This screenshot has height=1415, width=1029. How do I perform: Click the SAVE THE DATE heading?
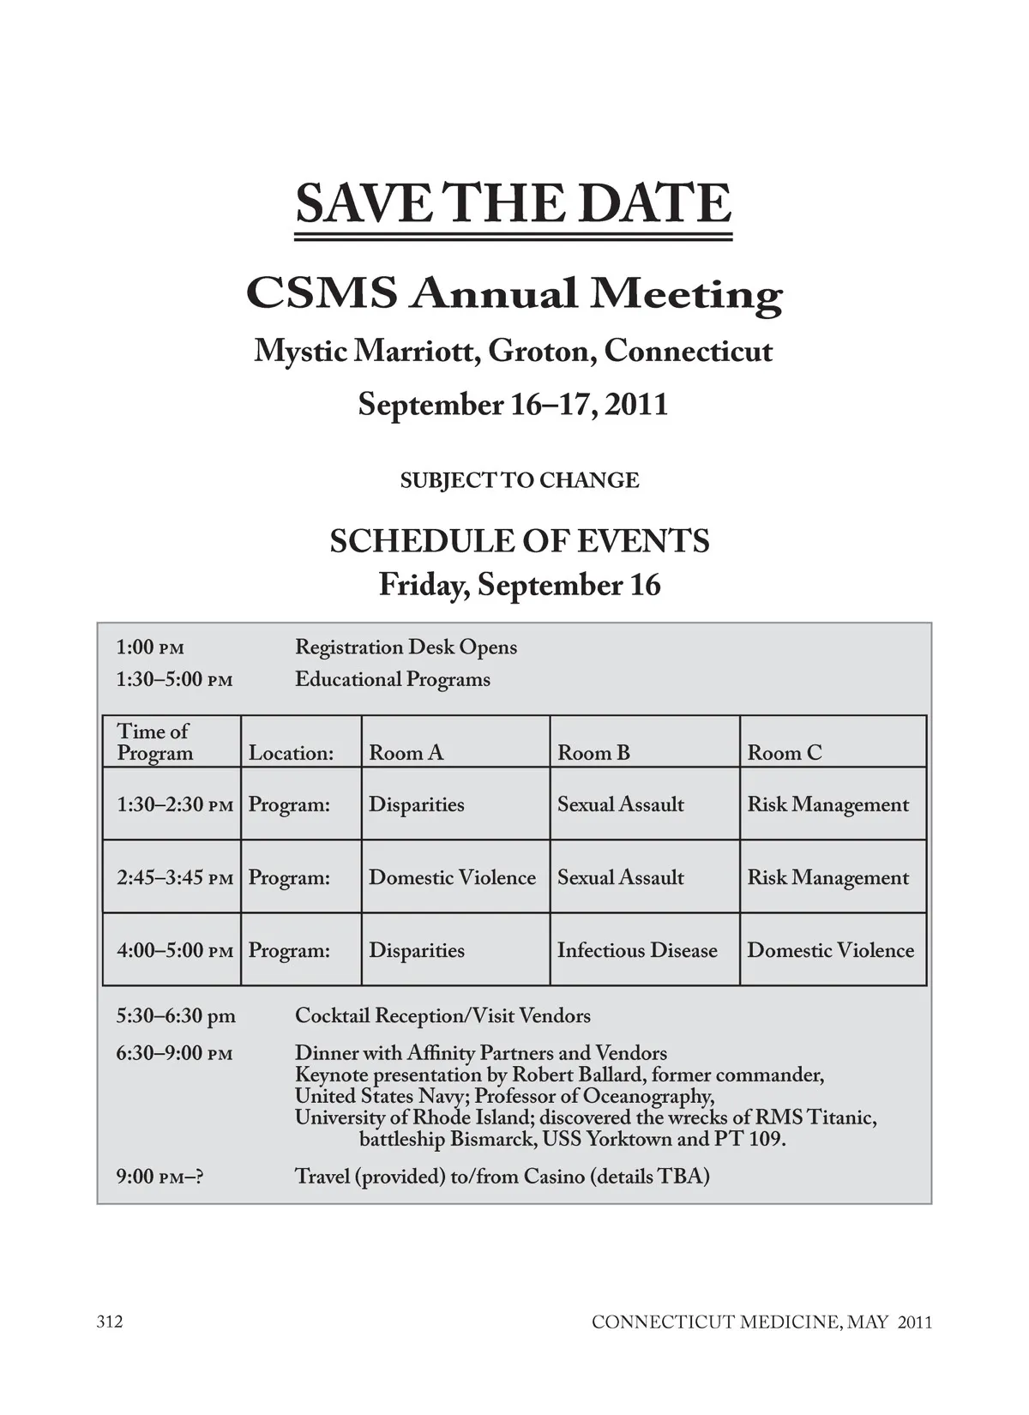point(513,203)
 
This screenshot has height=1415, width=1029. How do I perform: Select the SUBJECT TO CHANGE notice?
point(520,480)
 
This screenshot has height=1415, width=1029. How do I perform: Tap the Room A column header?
point(406,753)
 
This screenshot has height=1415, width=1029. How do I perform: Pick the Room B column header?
point(593,753)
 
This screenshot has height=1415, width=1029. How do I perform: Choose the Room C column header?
point(784,753)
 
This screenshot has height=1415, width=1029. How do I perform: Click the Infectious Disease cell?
point(637,950)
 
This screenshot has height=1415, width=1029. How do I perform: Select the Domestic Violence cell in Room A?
point(452,877)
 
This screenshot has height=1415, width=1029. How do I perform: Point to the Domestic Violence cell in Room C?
point(830,950)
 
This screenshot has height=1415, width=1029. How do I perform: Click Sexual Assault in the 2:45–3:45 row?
point(621,877)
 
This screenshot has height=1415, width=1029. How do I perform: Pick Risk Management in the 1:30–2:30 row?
point(827,804)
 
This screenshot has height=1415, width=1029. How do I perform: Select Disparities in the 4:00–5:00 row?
point(416,950)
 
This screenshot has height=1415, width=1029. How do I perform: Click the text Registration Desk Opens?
point(406,647)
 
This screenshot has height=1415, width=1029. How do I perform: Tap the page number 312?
point(110,1322)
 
